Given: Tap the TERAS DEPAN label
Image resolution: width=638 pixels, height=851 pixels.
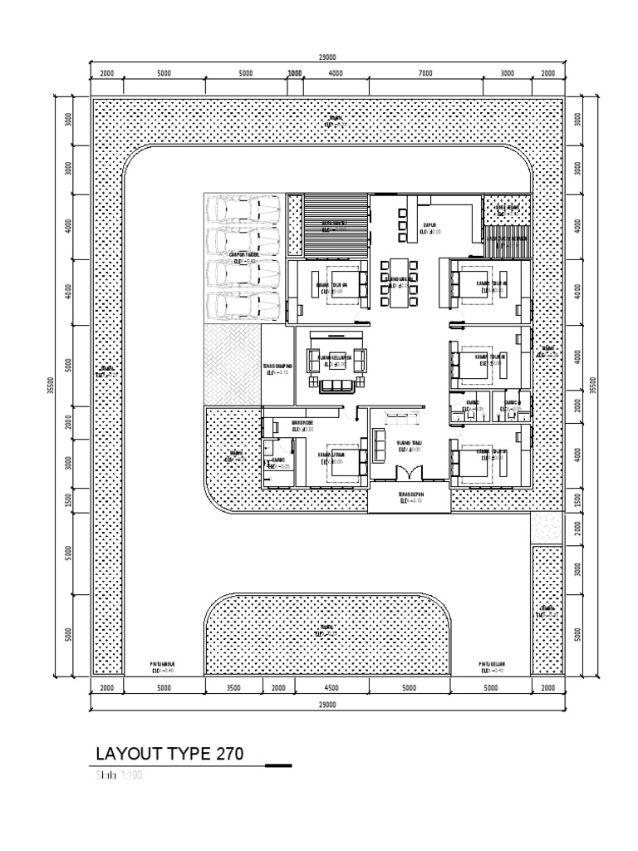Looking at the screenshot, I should pos(410,498).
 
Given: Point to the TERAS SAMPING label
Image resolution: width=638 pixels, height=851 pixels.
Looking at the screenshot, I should pos(277,368).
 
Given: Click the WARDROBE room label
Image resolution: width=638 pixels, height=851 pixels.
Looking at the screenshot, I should pos(302,425).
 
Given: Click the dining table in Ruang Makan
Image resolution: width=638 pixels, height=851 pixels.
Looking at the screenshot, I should pos(395,283).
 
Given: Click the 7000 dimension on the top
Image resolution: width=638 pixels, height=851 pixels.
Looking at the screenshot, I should pos(425,73).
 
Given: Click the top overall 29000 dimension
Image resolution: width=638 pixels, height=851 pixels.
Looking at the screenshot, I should pos(327,57).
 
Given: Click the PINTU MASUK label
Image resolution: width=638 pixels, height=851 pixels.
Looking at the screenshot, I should pos(164,666).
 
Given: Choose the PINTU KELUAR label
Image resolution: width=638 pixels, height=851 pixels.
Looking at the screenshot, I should pos(492,666).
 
